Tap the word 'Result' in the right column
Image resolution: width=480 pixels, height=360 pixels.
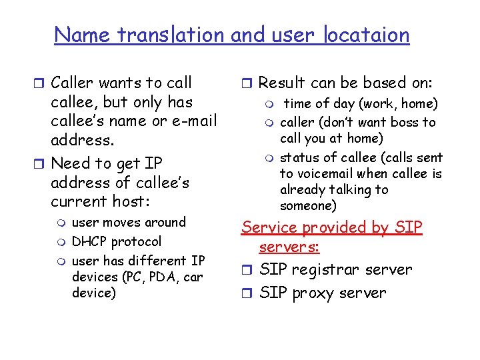pyautogui.click(x=281, y=83)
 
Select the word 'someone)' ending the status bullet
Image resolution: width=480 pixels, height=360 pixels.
pyautogui.click(x=309, y=206)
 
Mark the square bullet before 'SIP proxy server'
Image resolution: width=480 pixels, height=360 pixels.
pyautogui.click(x=247, y=293)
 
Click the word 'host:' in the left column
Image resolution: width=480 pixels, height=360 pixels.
pyautogui.click(x=130, y=201)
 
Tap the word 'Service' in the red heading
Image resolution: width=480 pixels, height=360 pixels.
pyautogui.click(x=266, y=227)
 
